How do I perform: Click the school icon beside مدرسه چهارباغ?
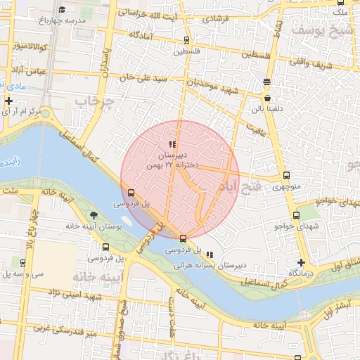pyautogui.click(x=62, y=10)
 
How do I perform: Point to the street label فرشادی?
pyautogui.click(x=216, y=20)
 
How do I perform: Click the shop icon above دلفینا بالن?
pyautogui.click(x=267, y=82)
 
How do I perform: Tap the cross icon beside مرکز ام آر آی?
pyautogui.click(x=8, y=101)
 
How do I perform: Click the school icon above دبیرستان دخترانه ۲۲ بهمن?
pyautogui.click(x=173, y=144)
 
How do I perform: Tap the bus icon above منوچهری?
pyautogui.click(x=285, y=176)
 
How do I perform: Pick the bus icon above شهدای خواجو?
pyautogui.click(x=296, y=216)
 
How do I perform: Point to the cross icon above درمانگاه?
pyautogui.click(x=301, y=262)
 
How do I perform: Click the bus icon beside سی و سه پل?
pyautogui.click(x=23, y=263)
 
